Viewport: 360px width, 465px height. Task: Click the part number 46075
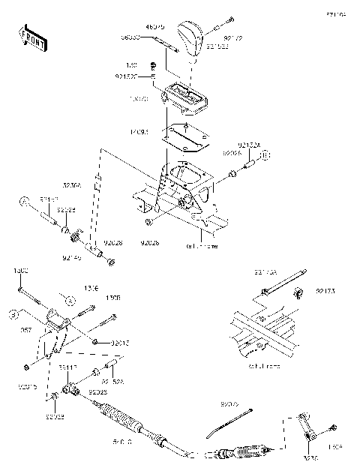point(156,27)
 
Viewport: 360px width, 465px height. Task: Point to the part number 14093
point(139,132)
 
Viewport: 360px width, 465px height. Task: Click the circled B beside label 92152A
point(265,155)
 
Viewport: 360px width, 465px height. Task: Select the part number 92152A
point(249,145)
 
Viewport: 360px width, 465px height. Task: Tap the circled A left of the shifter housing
point(23,202)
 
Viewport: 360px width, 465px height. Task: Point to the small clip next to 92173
point(298,289)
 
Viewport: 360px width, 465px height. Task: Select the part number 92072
point(229,403)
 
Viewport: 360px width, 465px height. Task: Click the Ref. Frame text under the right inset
point(263,366)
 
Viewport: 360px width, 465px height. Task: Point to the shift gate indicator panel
point(184,97)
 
